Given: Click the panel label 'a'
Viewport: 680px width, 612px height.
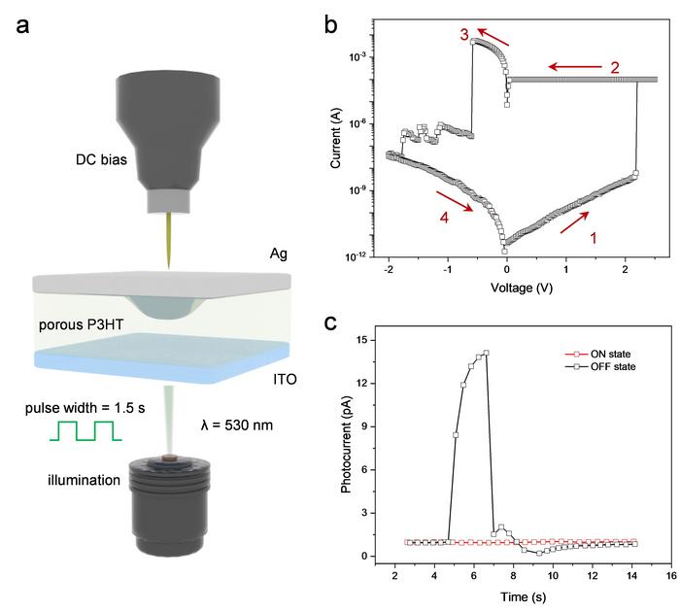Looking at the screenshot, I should tap(24, 25).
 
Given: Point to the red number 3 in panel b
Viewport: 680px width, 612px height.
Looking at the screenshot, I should tap(464, 33).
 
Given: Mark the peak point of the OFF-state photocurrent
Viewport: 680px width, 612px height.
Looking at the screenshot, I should tap(486, 353).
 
